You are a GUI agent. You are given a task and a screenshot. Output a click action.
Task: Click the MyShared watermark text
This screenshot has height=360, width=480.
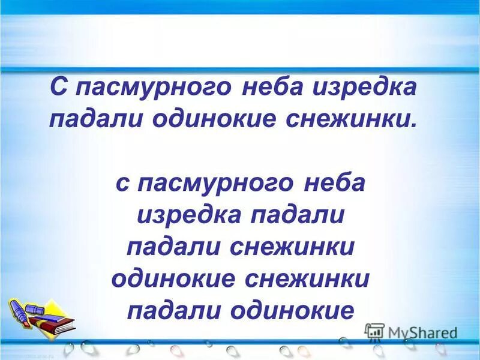(422, 332)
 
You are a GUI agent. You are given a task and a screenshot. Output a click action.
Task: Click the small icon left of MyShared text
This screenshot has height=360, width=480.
(374, 332)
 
